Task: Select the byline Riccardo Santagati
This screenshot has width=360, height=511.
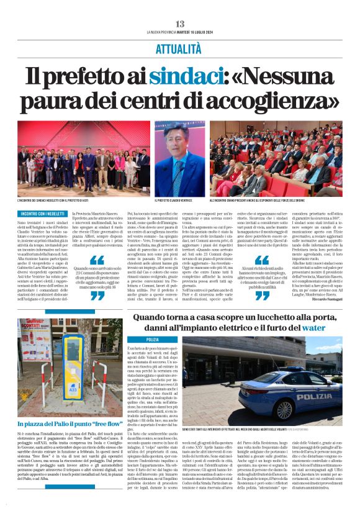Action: pos(327,315)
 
